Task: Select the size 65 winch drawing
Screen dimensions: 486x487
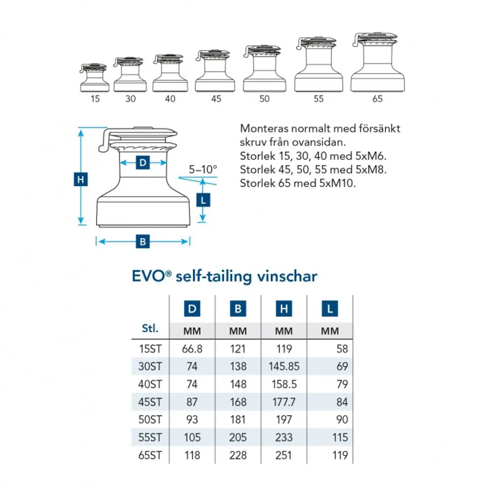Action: pyautogui.click(x=378, y=62)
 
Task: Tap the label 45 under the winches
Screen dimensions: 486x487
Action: pyautogui.click(x=216, y=99)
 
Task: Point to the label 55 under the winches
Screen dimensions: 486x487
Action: pyautogui.click(x=319, y=99)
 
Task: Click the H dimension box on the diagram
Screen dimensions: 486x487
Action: pyautogui.click(x=81, y=179)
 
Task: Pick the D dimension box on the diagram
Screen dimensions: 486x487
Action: pyautogui.click(x=143, y=163)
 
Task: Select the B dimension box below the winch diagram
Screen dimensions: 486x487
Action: pyautogui.click(x=143, y=242)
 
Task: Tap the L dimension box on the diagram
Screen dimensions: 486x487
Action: pyautogui.click(x=203, y=200)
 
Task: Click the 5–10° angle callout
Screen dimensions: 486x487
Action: pyautogui.click(x=203, y=169)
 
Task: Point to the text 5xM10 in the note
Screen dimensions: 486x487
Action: pyautogui.click(x=337, y=183)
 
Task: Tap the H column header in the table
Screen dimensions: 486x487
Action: pyautogui.click(x=284, y=309)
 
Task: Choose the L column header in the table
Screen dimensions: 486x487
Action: pyautogui.click(x=330, y=309)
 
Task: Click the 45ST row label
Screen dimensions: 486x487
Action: pyautogui.click(x=150, y=402)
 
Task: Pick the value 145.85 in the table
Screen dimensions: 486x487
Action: pyautogui.click(x=284, y=366)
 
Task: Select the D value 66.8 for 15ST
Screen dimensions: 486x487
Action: pyautogui.click(x=192, y=349)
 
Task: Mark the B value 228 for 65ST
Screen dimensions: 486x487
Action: pyautogui.click(x=238, y=455)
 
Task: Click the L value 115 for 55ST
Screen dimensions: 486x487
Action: pyautogui.click(x=340, y=437)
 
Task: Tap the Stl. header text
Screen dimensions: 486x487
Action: pyautogui.click(x=150, y=328)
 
